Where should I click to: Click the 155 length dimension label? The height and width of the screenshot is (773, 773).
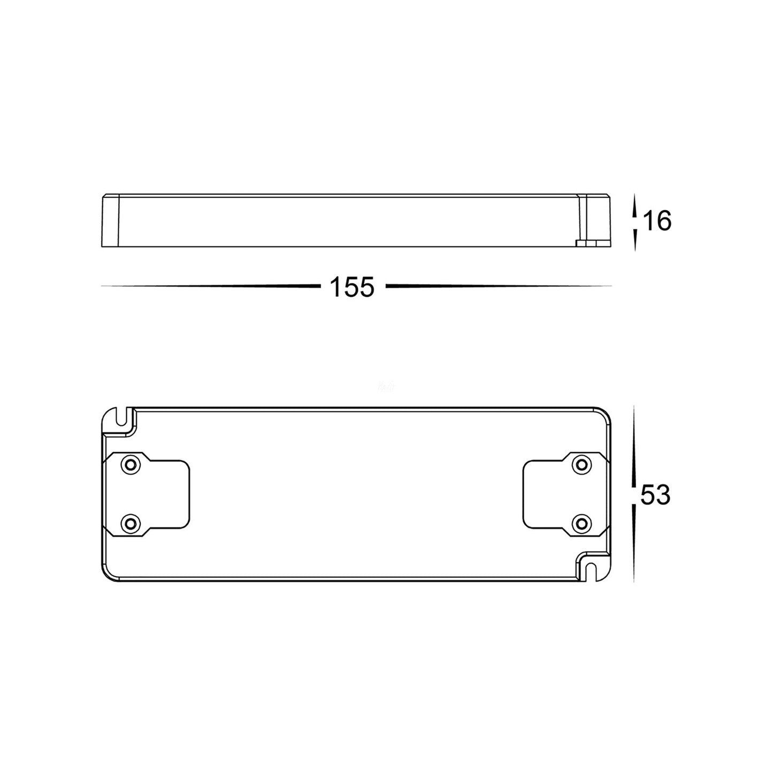352,287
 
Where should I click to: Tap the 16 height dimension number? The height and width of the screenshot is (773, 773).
657,221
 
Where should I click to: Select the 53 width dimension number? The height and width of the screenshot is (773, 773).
655,495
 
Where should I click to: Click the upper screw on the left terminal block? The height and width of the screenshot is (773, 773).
129,464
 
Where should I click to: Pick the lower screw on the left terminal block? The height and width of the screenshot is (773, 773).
129,523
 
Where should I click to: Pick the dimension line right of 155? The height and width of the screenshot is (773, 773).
498,287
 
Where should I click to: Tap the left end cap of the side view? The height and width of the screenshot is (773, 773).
110,221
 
